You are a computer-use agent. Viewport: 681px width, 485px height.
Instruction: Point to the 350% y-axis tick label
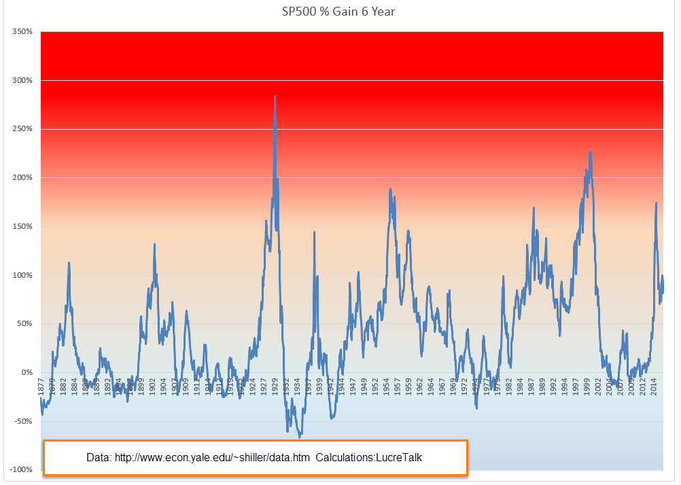click(22, 32)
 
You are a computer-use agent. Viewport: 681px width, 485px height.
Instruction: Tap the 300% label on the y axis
click(22, 80)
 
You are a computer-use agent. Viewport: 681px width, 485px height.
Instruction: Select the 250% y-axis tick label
click(22, 129)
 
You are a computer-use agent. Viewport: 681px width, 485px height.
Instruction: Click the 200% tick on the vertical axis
click(22, 178)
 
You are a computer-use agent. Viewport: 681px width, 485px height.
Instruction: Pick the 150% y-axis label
click(22, 226)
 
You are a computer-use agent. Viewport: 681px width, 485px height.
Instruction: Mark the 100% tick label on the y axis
click(22, 275)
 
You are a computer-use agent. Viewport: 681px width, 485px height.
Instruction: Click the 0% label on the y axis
click(26, 372)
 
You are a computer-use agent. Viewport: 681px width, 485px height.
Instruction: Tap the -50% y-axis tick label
click(22, 421)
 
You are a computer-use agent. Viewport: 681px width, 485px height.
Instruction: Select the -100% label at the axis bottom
click(20, 470)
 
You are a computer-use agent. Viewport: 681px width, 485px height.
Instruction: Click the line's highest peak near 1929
click(275, 96)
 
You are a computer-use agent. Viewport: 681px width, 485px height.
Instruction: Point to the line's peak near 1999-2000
click(590, 152)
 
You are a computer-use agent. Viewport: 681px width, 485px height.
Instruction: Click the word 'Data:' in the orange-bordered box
click(99, 457)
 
